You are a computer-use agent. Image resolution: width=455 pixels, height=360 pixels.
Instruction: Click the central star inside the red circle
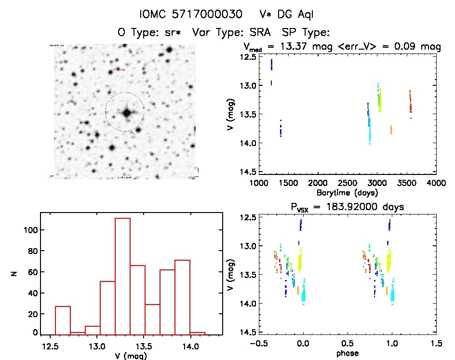click(127, 113)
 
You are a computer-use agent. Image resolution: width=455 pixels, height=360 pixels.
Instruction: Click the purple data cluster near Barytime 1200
click(271, 65)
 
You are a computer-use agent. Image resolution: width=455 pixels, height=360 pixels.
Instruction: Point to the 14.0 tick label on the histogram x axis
click(190, 345)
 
